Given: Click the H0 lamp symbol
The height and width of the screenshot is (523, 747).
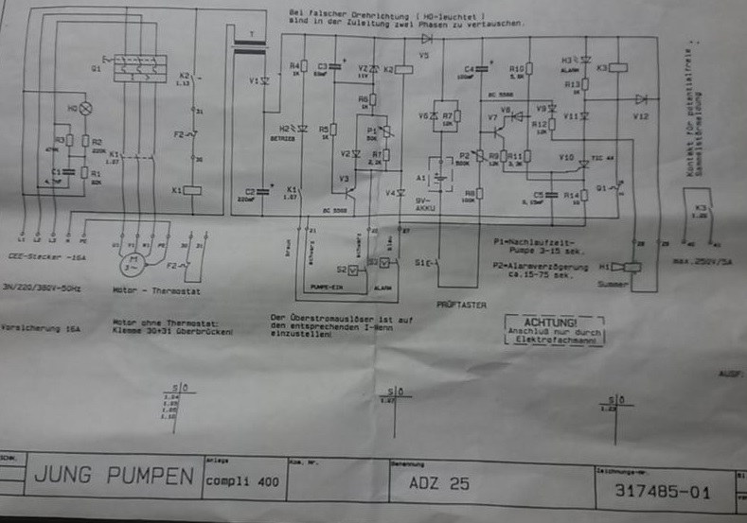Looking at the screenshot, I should pos(86,109).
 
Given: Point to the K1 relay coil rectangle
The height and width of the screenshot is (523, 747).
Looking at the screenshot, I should pos(190,190).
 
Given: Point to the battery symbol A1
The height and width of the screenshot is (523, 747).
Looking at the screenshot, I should pos(437,175).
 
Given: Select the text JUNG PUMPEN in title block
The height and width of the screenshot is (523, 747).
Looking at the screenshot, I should pos(115,476).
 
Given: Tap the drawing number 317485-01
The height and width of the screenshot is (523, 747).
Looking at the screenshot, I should pos(662,491).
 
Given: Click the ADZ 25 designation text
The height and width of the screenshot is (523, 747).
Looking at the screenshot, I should pos(438,482).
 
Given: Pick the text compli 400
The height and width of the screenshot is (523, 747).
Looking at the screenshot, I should pos(242,481).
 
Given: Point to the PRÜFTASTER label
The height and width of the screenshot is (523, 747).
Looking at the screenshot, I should pos(461,305).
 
